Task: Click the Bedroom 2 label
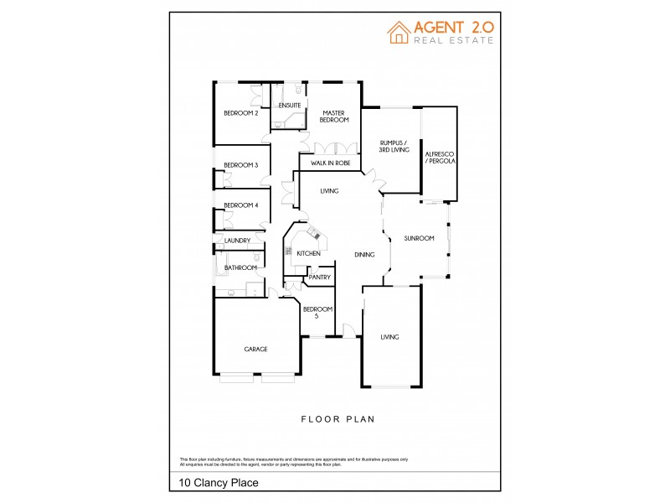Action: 240,113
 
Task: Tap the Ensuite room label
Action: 290,105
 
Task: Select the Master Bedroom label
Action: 334,117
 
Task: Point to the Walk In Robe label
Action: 330,163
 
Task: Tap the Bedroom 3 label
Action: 240,165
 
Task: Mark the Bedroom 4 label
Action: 240,205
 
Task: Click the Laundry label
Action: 237,241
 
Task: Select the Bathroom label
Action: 240,267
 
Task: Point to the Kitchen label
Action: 308,253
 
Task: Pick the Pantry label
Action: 319,277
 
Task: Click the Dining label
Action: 364,255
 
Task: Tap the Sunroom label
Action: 419,238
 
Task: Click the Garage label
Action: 255,349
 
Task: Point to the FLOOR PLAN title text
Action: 338,418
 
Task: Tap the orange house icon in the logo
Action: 398,32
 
